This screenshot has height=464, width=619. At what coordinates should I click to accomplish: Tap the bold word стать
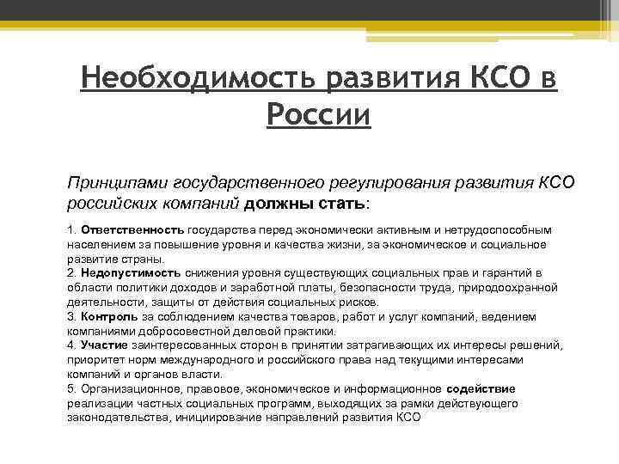341,205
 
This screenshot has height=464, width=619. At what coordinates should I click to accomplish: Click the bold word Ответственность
132,230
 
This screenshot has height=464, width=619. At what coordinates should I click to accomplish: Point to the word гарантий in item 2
497,273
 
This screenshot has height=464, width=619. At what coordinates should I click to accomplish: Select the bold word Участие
104,345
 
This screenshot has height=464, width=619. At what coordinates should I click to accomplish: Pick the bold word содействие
481,388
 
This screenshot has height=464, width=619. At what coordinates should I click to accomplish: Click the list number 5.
70,388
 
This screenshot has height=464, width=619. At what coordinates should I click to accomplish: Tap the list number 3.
70,316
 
